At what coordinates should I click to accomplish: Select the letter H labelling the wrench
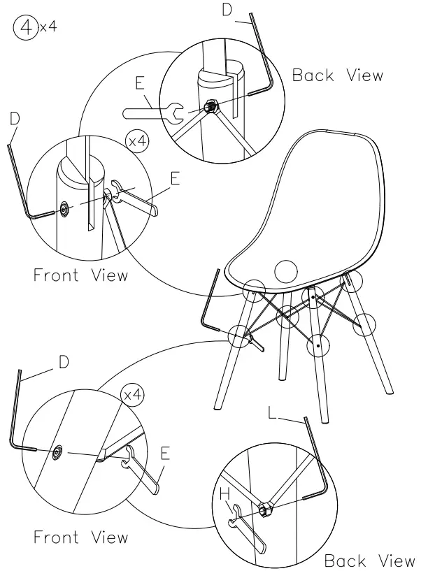click(224, 495)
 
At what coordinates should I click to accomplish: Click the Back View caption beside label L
click(369, 561)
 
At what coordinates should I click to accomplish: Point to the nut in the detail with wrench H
click(266, 510)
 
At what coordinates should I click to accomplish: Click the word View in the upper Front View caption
click(110, 275)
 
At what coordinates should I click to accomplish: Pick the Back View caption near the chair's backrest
click(338, 75)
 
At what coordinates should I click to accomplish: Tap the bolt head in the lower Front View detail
click(57, 451)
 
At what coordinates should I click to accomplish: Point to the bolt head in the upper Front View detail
click(64, 209)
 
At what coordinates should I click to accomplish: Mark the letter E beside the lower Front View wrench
click(165, 454)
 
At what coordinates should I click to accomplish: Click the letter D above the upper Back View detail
click(226, 10)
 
